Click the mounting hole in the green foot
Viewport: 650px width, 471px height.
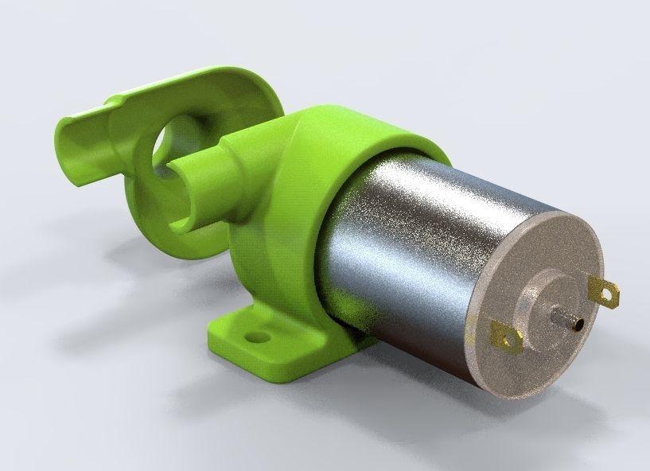point(256,337)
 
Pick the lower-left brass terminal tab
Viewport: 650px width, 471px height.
point(505,337)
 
